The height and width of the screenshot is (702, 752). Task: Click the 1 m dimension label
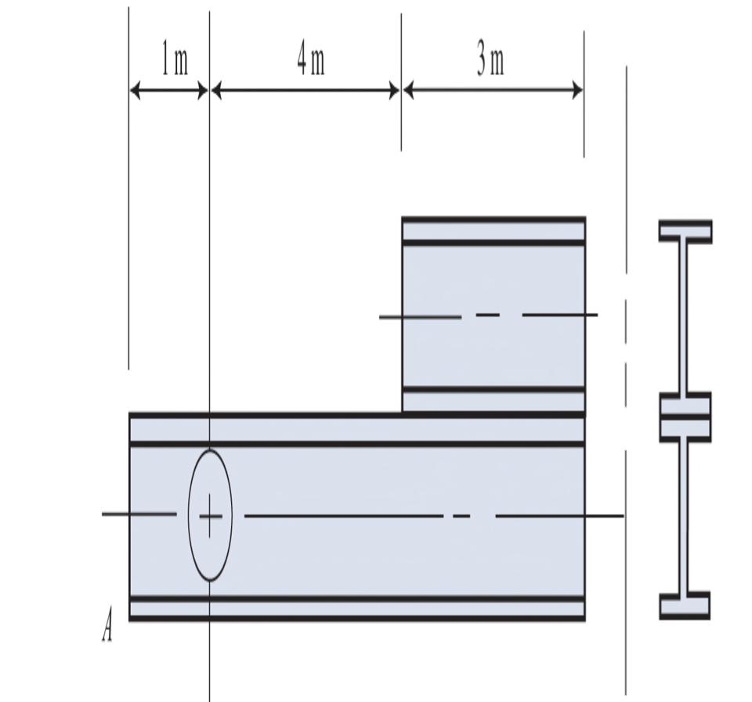175,61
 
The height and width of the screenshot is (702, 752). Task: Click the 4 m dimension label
310,60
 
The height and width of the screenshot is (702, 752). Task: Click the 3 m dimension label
491,60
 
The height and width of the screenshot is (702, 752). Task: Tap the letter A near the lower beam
107,628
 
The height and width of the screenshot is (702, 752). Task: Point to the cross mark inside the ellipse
210,516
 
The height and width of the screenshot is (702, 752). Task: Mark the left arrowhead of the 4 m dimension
217,91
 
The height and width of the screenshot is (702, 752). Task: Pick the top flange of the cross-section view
685,231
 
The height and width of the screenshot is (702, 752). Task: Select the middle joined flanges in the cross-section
685,417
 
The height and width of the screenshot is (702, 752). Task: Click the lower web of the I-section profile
684,517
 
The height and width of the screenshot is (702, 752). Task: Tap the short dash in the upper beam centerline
487,315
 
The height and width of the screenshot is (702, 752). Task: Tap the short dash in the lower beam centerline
461,516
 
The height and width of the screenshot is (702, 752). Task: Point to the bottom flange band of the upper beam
493,401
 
